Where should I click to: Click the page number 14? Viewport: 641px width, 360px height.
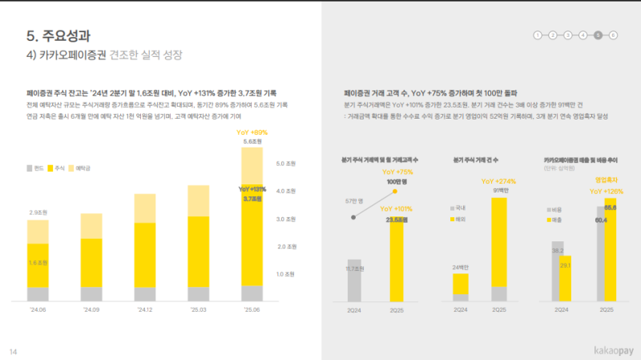(x=13, y=351)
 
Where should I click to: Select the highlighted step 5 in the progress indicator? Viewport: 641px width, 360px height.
(x=598, y=35)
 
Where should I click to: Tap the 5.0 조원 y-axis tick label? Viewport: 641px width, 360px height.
(x=285, y=164)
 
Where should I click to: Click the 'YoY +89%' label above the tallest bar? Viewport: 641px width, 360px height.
(x=252, y=131)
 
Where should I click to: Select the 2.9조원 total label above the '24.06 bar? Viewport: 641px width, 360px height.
(x=38, y=212)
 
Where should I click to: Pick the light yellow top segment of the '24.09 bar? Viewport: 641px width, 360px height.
(x=91, y=226)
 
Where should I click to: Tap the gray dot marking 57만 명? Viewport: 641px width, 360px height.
(x=353, y=216)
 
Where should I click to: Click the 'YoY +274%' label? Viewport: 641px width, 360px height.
(x=498, y=181)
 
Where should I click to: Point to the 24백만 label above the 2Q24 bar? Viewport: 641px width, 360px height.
(x=459, y=266)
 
